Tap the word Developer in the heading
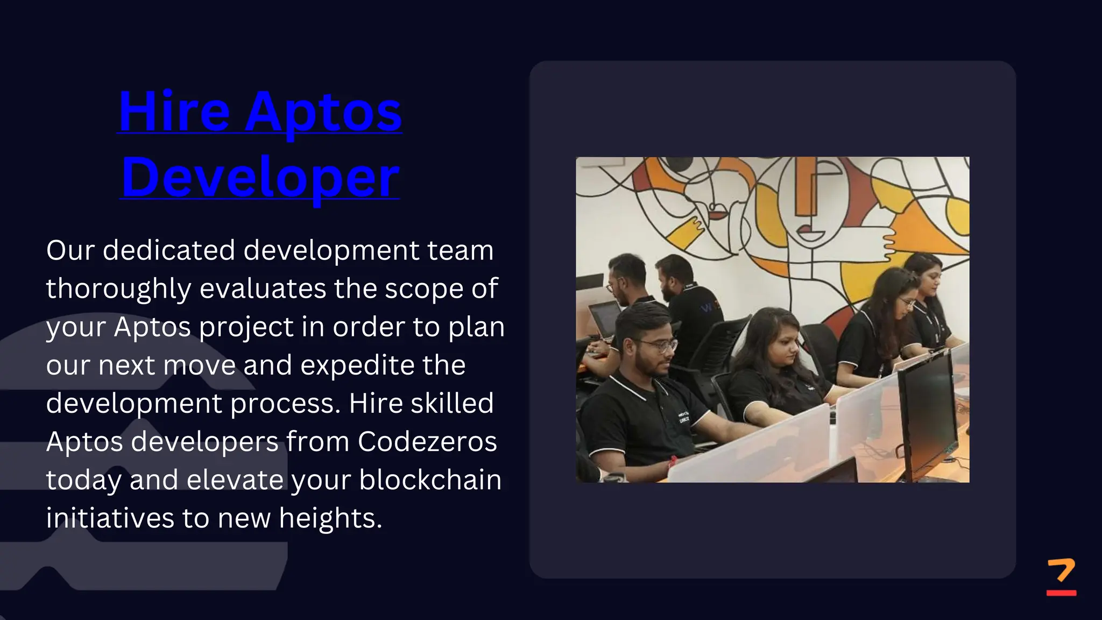pos(260,178)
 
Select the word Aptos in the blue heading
pos(323,113)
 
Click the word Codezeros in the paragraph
pos(427,442)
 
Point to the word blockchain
pos(430,480)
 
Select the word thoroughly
pos(118,289)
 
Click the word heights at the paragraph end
pos(329,519)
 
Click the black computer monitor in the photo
pos(928,414)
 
